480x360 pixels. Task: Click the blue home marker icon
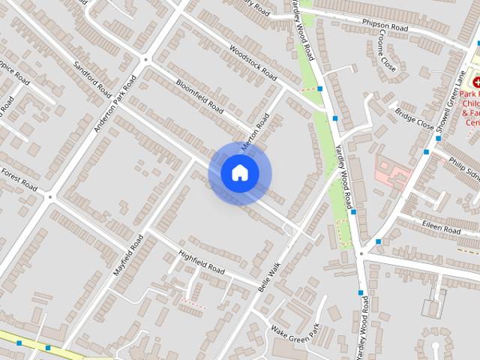point(239,173)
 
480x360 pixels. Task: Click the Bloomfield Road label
point(199,97)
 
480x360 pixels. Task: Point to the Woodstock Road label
point(253,64)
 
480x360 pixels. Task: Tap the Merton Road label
point(255,132)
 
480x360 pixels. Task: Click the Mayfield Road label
point(128,253)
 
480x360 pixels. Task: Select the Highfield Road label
point(202,262)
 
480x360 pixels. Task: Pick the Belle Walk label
point(268,277)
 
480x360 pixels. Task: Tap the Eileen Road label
point(440,227)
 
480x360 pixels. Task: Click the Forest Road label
point(18,178)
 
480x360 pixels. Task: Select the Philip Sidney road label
point(463,166)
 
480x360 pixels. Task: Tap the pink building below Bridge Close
point(392,172)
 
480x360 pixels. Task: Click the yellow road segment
point(30,343)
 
